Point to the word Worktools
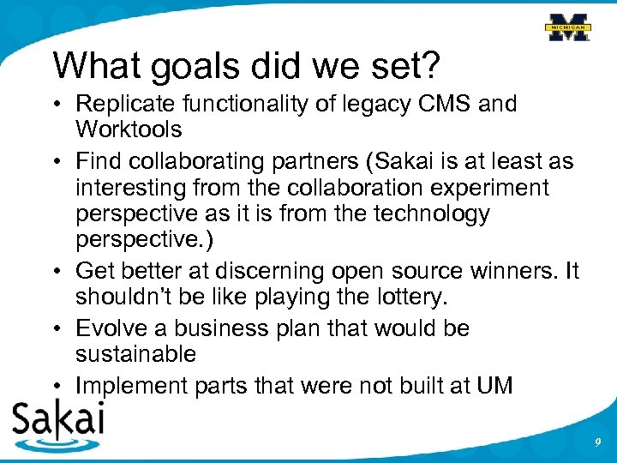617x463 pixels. (129, 129)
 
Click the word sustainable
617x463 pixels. (135, 354)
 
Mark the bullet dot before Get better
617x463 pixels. (57, 272)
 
